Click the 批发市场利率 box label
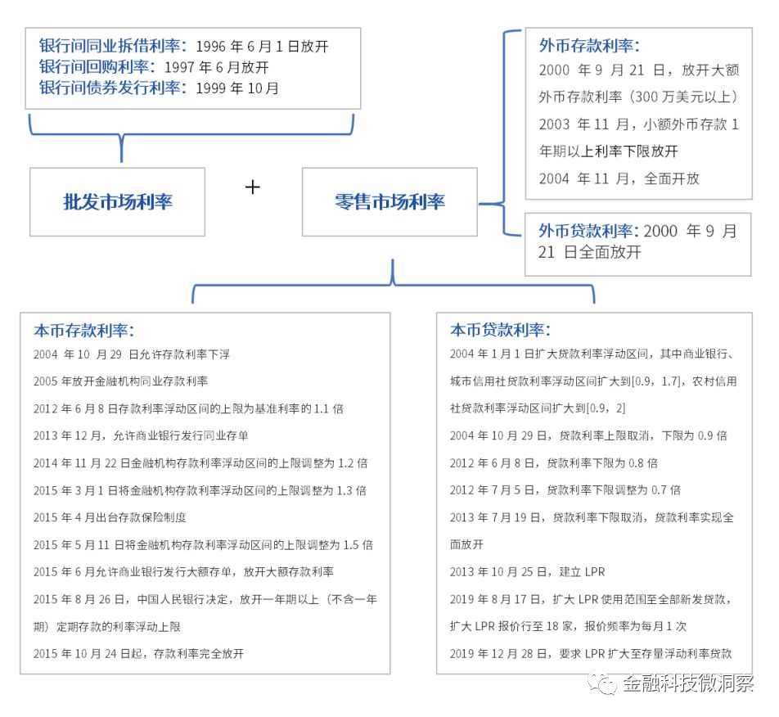click(x=118, y=201)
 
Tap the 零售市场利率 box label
click(x=389, y=201)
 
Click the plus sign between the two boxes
click(x=252, y=187)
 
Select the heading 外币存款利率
click(x=589, y=46)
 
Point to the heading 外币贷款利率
click(x=589, y=231)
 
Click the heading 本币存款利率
click(x=84, y=331)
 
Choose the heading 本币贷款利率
click(x=500, y=330)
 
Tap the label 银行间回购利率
click(x=97, y=66)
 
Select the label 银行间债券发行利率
click(x=113, y=88)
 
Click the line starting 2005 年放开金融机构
click(x=121, y=381)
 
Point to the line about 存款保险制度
click(x=110, y=517)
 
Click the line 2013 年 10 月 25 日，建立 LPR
click(x=527, y=572)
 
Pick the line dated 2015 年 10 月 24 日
click(x=138, y=653)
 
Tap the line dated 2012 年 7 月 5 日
click(x=565, y=490)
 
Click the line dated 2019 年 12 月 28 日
click(x=591, y=653)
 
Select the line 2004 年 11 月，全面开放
click(x=619, y=178)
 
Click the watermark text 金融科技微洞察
click(x=689, y=683)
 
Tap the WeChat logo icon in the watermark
click(x=602, y=683)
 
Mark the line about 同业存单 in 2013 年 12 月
click(x=141, y=435)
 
